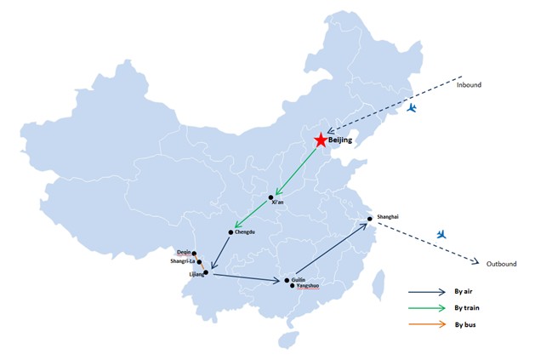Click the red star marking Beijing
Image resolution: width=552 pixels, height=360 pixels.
pyautogui.click(x=321, y=140)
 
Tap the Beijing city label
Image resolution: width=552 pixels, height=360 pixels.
pyautogui.click(x=340, y=140)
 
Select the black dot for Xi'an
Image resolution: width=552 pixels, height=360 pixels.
pyautogui.click(x=270, y=197)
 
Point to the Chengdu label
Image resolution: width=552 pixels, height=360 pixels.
pyautogui.click(x=245, y=232)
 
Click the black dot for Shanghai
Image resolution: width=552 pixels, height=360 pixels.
pyautogui.click(x=370, y=219)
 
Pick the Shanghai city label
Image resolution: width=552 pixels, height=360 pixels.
pyautogui.click(x=388, y=217)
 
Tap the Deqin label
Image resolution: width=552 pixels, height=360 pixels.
pyautogui.click(x=184, y=252)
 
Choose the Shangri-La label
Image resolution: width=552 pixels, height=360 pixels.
pyautogui.click(x=182, y=261)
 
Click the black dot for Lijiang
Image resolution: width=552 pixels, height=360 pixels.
pyautogui.click(x=207, y=272)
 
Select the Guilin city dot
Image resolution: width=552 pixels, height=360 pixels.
pyautogui.click(x=287, y=280)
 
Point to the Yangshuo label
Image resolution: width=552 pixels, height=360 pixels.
pyautogui.click(x=308, y=286)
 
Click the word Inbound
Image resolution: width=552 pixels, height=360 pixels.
pyautogui.click(x=469, y=85)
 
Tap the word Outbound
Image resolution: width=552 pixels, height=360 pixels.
pyautogui.click(x=501, y=264)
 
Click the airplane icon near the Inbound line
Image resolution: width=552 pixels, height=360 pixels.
pyautogui.click(x=412, y=107)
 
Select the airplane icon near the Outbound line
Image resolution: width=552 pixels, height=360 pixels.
pyautogui.click(x=441, y=234)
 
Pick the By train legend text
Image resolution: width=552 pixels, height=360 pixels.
pyautogui.click(x=467, y=308)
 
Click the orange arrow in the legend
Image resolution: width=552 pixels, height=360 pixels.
pyautogui.click(x=427, y=324)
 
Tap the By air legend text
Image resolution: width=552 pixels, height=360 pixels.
pyautogui.click(x=464, y=291)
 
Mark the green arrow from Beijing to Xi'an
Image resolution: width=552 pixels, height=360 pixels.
pyautogui.click(x=297, y=171)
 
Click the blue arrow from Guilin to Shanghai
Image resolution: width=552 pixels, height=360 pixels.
pyautogui.click(x=332, y=249)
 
